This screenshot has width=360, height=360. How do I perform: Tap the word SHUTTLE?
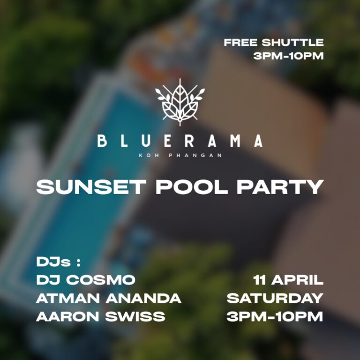pos(292,43)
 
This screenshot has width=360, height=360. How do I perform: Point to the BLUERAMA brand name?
pos(180,141)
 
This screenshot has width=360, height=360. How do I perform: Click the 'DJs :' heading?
pos(55,262)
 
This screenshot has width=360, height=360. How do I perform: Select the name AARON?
pos(67,316)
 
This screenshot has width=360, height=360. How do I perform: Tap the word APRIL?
pos(298,280)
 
